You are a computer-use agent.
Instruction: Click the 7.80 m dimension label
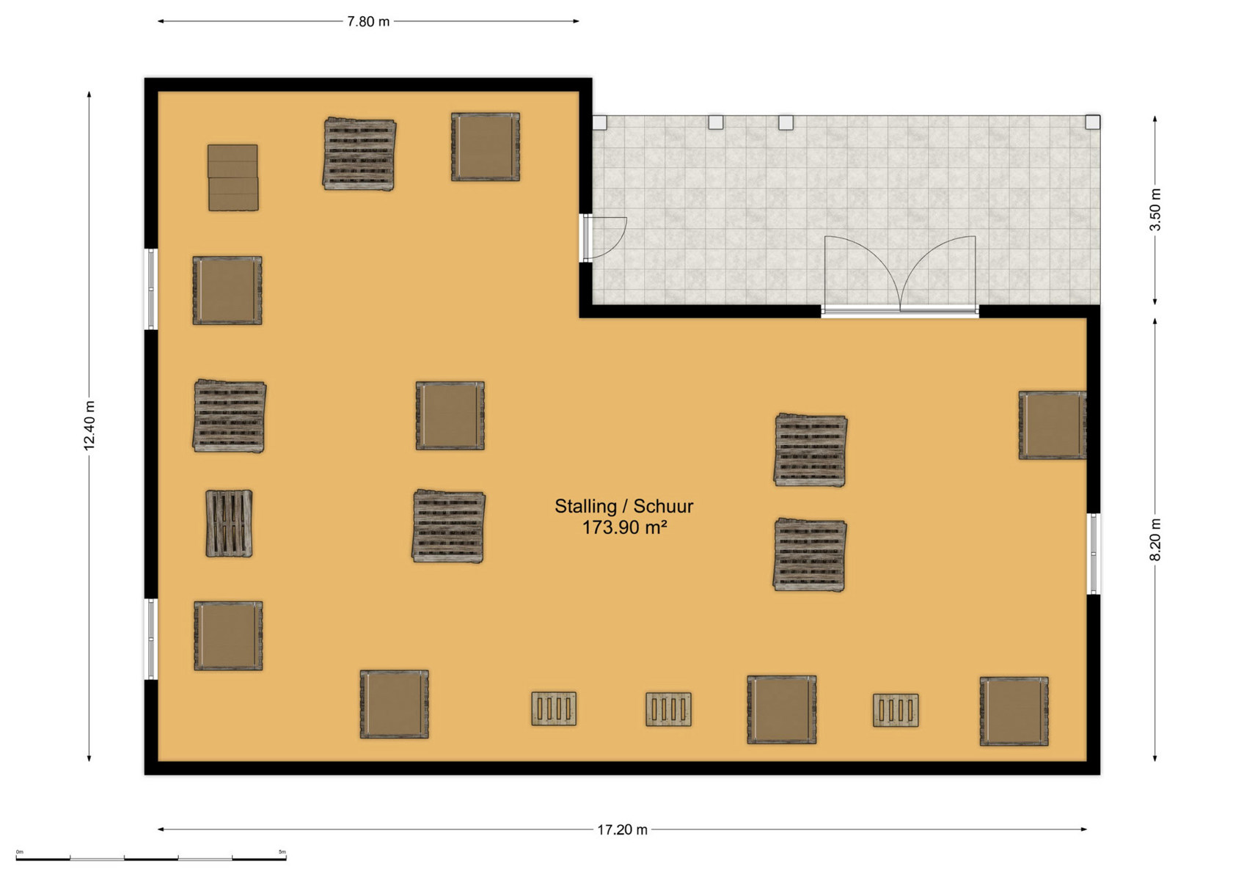(368, 22)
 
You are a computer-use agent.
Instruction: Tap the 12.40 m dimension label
(89, 425)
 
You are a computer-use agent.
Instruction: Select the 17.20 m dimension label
(622, 829)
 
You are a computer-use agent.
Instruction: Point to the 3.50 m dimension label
(1155, 210)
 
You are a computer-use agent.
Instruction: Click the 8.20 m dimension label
(1155, 540)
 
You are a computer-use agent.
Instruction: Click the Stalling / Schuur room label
(623, 506)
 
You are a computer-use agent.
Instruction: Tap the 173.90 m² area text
(623, 527)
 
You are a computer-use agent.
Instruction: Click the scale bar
(151, 858)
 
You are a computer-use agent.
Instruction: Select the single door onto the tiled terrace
(604, 238)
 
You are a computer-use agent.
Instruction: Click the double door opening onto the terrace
(900, 275)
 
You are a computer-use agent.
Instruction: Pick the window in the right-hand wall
(1094, 554)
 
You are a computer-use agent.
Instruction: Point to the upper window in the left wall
(151, 289)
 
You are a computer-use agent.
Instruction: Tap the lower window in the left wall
(151, 639)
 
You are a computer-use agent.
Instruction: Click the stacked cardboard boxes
(233, 177)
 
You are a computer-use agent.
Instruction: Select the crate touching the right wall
(1053, 425)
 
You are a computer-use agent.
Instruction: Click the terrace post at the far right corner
(1092, 122)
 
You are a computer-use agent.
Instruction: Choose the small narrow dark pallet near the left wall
(229, 523)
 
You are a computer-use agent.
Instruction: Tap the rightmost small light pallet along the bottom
(896, 710)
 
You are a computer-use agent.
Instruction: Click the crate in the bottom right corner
(1014, 711)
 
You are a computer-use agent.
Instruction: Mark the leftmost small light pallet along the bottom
(554, 708)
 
